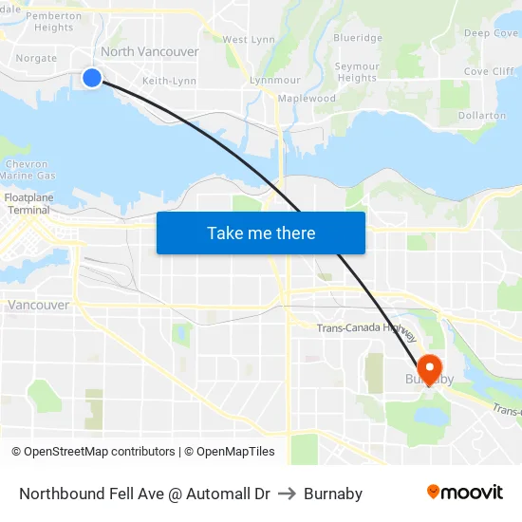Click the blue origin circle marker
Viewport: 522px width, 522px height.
pos(92,78)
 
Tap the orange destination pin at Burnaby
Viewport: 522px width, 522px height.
pos(428,368)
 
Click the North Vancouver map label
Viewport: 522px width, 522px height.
pos(150,52)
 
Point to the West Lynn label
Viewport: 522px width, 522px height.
pos(250,40)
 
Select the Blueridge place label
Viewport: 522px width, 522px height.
pos(358,38)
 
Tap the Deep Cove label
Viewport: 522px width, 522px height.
pos(491,33)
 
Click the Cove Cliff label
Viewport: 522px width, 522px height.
pos(490,72)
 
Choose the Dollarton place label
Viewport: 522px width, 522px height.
pos(482,116)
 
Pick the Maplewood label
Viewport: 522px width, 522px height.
pos(308,99)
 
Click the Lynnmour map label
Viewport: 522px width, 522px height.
pos(274,81)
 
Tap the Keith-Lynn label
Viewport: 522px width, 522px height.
pos(169,82)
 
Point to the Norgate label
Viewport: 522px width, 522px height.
pos(36,59)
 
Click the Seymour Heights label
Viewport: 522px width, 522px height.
pos(358,72)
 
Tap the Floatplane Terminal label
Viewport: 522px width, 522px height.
pos(28,204)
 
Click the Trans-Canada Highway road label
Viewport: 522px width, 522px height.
pos(366,328)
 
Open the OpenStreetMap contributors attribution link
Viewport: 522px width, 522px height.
pos(93,452)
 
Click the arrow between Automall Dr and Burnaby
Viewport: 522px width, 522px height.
pos(287,494)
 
